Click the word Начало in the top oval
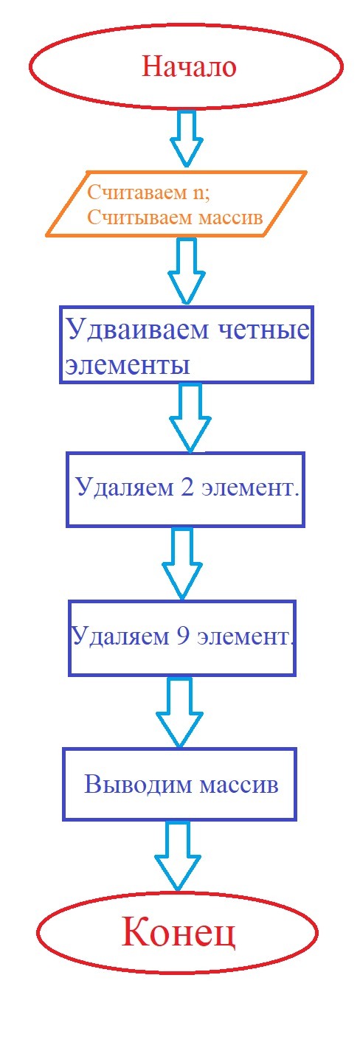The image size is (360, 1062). point(189,66)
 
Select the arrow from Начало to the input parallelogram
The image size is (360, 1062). point(187,138)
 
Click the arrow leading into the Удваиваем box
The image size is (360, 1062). point(187,271)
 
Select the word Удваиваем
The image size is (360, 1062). point(137,329)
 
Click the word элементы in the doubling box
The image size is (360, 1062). point(127,365)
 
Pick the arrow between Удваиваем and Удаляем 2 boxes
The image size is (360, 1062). point(190,417)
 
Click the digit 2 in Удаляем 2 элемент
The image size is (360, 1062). point(187,487)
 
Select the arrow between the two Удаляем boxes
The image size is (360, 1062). point(182,563)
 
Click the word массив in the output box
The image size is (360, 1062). point(238,785)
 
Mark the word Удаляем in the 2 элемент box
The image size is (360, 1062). point(125,488)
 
